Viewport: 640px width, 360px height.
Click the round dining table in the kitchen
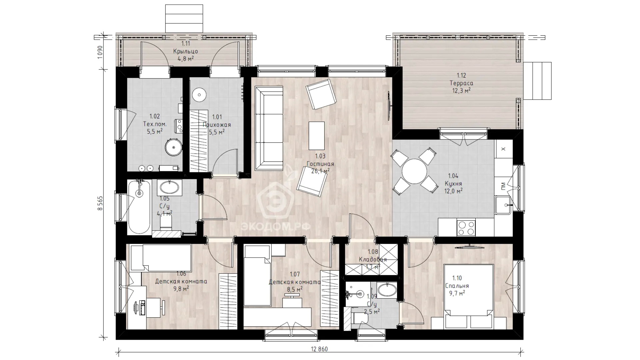(x=414, y=172)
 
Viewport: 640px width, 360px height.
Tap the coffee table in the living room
(x=317, y=136)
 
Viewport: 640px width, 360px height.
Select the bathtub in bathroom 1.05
(x=139, y=207)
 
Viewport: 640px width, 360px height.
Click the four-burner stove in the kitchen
(x=466, y=228)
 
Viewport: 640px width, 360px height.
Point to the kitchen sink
(x=503, y=205)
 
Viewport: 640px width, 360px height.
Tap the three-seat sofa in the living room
(x=269, y=128)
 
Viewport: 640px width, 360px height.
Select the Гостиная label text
(x=320, y=164)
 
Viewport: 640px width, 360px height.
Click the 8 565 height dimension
(x=100, y=203)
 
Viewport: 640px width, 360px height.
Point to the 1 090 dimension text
(x=100, y=52)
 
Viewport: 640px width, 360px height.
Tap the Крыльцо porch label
(x=186, y=51)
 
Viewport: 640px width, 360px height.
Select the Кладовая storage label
(x=373, y=259)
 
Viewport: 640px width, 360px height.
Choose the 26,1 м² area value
(x=320, y=171)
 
